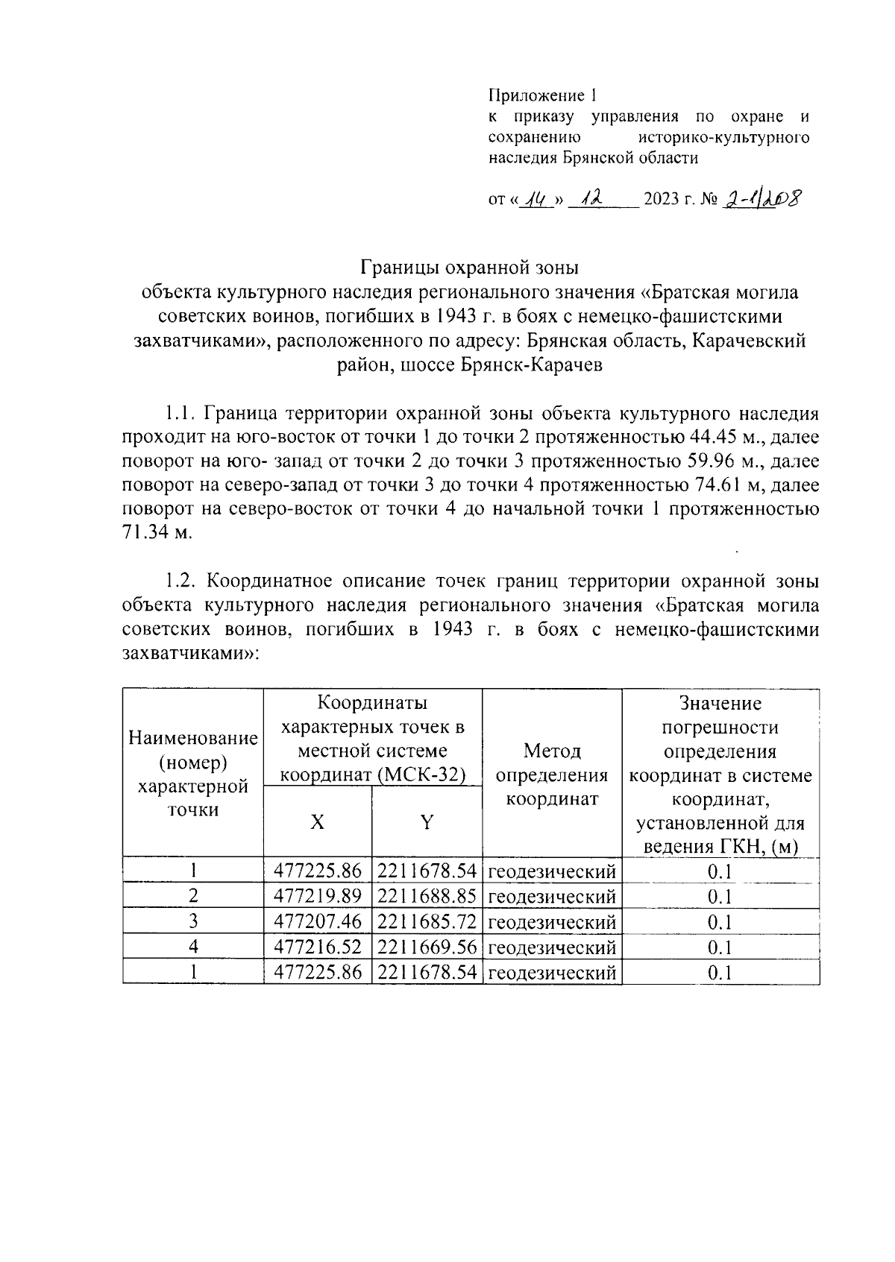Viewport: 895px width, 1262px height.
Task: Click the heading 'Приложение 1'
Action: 542,95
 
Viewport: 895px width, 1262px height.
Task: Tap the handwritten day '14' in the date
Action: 535,198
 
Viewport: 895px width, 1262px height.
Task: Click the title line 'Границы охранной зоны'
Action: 470,267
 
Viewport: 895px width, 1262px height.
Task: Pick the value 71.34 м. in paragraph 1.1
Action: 157,534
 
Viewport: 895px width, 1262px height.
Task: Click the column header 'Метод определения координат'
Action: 552,774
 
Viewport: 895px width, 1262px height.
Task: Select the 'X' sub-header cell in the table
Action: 318,821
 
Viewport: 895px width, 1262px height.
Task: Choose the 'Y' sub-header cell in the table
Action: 427,821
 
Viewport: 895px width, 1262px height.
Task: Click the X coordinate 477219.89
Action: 318,896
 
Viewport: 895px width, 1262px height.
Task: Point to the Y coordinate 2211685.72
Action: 427,921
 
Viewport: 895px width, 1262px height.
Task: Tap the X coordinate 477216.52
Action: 318,947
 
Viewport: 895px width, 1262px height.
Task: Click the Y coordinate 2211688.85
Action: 427,896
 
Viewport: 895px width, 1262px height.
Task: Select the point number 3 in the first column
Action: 193,921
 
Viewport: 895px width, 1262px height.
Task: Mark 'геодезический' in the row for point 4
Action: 552,947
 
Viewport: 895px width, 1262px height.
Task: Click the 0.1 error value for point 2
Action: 720,896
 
